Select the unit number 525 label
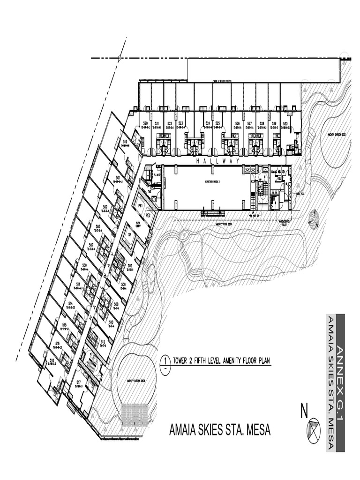click(218, 124)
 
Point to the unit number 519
click(125, 141)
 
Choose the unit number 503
click(130, 266)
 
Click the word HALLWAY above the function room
click(217, 161)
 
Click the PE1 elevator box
click(140, 205)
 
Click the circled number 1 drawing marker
click(165, 360)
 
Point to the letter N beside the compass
click(304, 412)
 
